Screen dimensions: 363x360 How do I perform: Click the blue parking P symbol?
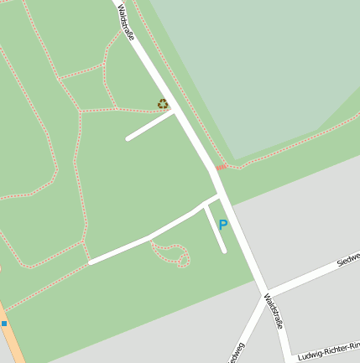click(x=222, y=225)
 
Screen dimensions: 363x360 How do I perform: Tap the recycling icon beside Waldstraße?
click(x=163, y=104)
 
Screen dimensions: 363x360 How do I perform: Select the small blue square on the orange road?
click(x=4, y=324)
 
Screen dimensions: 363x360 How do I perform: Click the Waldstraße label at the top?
click(x=126, y=23)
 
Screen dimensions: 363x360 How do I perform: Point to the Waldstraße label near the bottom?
click(x=274, y=311)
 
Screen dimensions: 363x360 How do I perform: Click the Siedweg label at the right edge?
click(x=348, y=258)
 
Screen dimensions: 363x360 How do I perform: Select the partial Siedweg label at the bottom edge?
click(x=236, y=353)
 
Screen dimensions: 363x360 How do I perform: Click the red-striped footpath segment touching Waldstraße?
click(x=221, y=167)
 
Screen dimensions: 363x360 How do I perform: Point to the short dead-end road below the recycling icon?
click(x=150, y=126)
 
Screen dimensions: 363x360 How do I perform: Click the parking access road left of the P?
click(x=215, y=229)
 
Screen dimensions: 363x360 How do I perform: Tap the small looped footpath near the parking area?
click(x=170, y=253)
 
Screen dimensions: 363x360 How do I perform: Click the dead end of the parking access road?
click(x=224, y=250)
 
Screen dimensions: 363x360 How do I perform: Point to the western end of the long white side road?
click(x=91, y=262)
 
